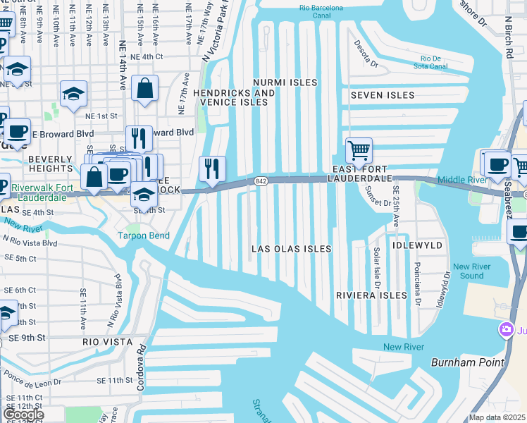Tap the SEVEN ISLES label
pos(383,94)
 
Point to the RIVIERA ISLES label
pos(371,295)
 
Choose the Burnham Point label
pos(467,362)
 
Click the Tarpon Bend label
pos(143,235)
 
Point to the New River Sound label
pos(469,271)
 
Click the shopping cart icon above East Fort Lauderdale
pos(359,151)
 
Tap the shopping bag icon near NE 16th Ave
pos(144,89)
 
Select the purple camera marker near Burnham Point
pos(506,329)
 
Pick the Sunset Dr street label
pos(378,202)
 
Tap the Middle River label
pos(461,180)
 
